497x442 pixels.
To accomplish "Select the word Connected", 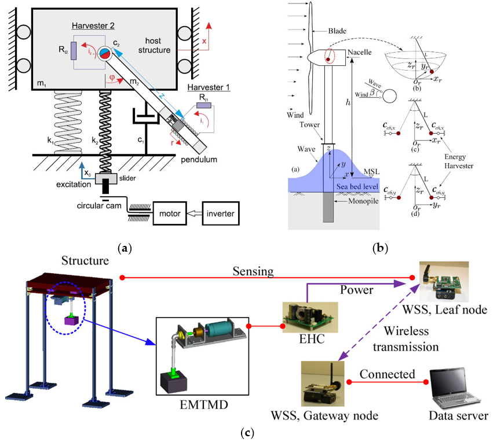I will [388, 374].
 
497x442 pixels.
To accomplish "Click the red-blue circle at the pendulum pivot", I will [105, 54].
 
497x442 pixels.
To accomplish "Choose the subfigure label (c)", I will [248, 432].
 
